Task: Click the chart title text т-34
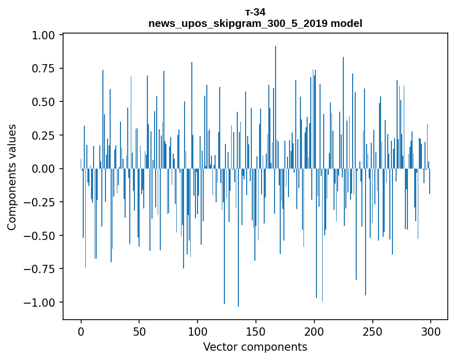255,12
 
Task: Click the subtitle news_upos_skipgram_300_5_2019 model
255,23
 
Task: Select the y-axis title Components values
11,177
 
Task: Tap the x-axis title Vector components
255,347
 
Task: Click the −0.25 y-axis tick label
40,202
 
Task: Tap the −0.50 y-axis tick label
40,235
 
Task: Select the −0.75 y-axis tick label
40,269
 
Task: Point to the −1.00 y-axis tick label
40,302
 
